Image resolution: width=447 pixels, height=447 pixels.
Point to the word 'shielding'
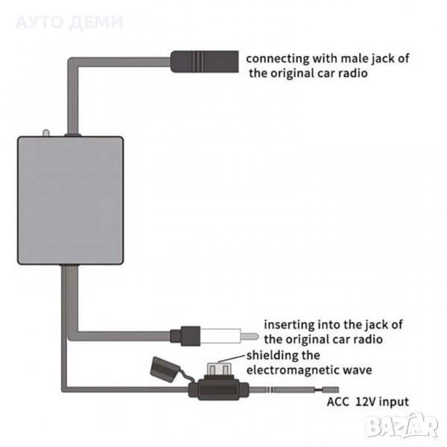(270, 355)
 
